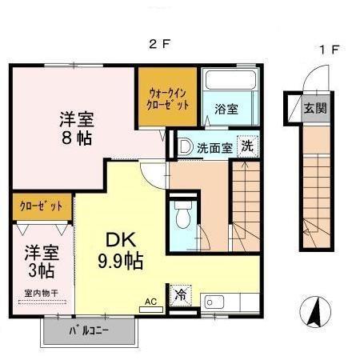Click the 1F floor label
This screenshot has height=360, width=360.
tap(330, 50)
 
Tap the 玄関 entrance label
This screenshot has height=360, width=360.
tap(314, 106)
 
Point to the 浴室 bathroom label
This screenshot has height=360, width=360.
tap(226, 110)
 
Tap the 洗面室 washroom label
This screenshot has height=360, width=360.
tap(214, 147)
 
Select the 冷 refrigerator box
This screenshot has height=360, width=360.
tap(180, 294)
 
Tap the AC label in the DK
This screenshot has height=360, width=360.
tap(150, 302)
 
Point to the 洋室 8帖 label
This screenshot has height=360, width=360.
tap(76, 128)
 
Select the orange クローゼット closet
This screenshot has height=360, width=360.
tap(42, 206)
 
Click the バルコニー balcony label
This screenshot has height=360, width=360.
tap(88, 330)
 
